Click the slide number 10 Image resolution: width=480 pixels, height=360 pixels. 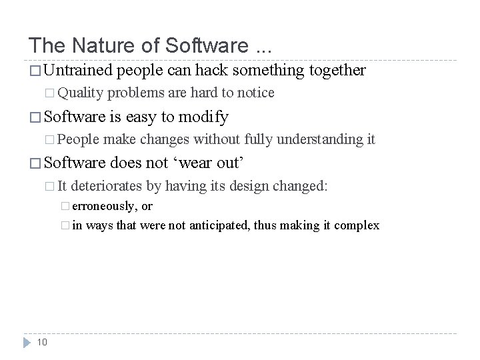tap(41, 342)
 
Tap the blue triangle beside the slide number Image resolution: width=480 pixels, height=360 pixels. tap(27, 341)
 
